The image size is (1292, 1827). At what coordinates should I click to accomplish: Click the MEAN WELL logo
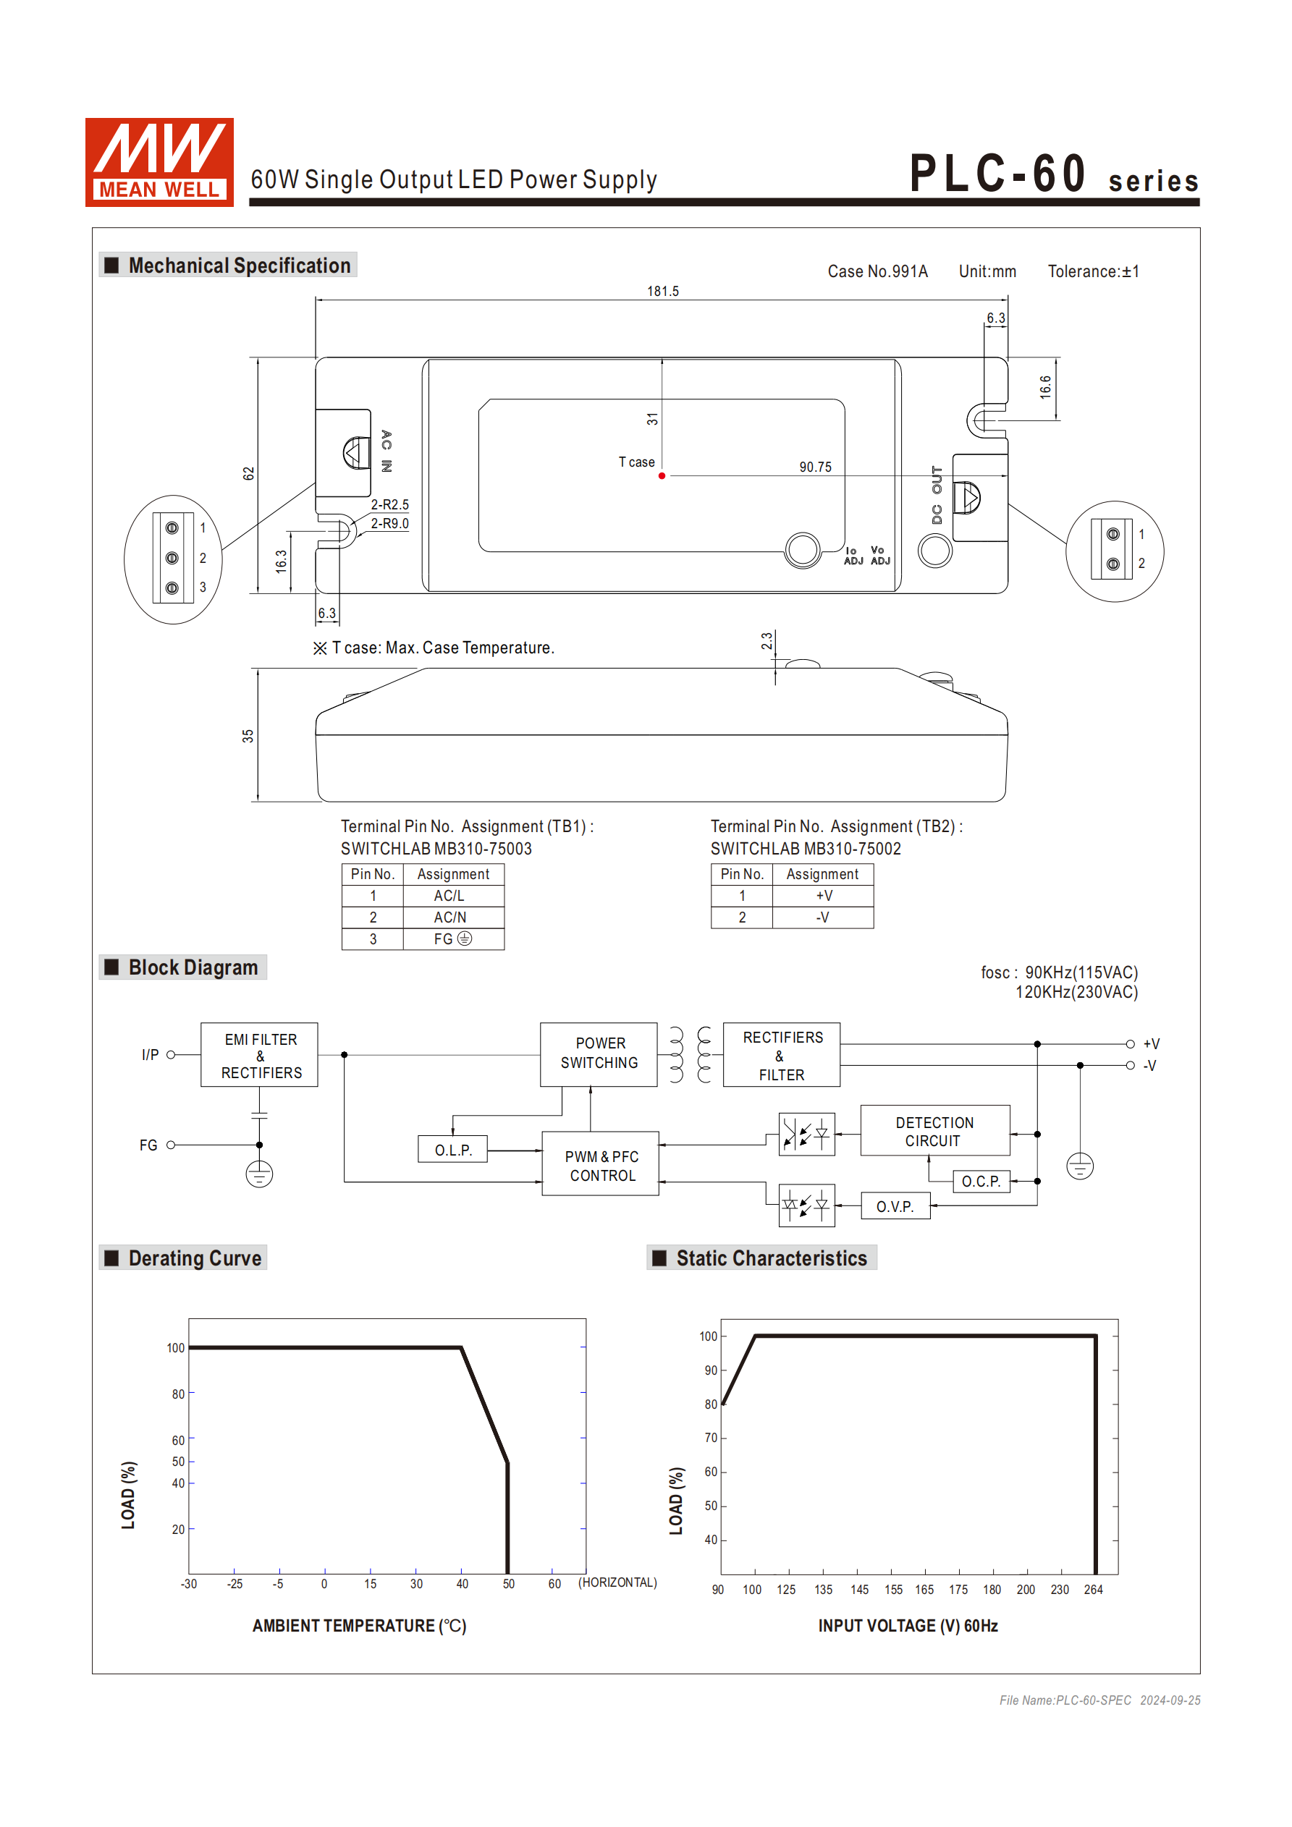[159, 162]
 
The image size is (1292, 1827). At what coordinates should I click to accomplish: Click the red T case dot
[662, 476]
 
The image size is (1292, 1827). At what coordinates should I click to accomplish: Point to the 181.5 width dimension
[662, 292]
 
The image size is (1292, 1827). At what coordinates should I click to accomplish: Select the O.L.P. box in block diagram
[452, 1150]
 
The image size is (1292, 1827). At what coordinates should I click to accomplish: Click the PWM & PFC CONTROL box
[601, 1165]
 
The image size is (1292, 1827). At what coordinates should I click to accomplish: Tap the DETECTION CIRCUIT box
[934, 1131]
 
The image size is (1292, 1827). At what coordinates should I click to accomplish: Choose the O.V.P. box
[895, 1206]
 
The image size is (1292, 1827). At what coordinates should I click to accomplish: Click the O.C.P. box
[981, 1182]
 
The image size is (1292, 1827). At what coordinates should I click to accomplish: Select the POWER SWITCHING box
[599, 1053]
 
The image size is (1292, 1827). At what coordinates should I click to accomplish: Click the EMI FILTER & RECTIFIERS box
[260, 1055]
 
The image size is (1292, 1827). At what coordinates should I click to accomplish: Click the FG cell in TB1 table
[452, 939]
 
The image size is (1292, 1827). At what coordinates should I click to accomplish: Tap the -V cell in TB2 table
[822, 917]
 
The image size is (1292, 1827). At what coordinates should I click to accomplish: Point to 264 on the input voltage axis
[1093, 1589]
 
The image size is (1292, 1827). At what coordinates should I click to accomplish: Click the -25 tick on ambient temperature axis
[234, 1583]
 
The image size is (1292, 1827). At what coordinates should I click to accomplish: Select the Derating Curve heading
[194, 1258]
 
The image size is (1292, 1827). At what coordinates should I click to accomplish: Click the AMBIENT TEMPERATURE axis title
[359, 1626]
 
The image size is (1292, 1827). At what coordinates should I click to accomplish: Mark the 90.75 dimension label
[815, 467]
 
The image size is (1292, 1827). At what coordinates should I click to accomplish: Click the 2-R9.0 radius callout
[389, 524]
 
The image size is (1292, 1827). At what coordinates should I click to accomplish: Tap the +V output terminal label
[1150, 1044]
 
